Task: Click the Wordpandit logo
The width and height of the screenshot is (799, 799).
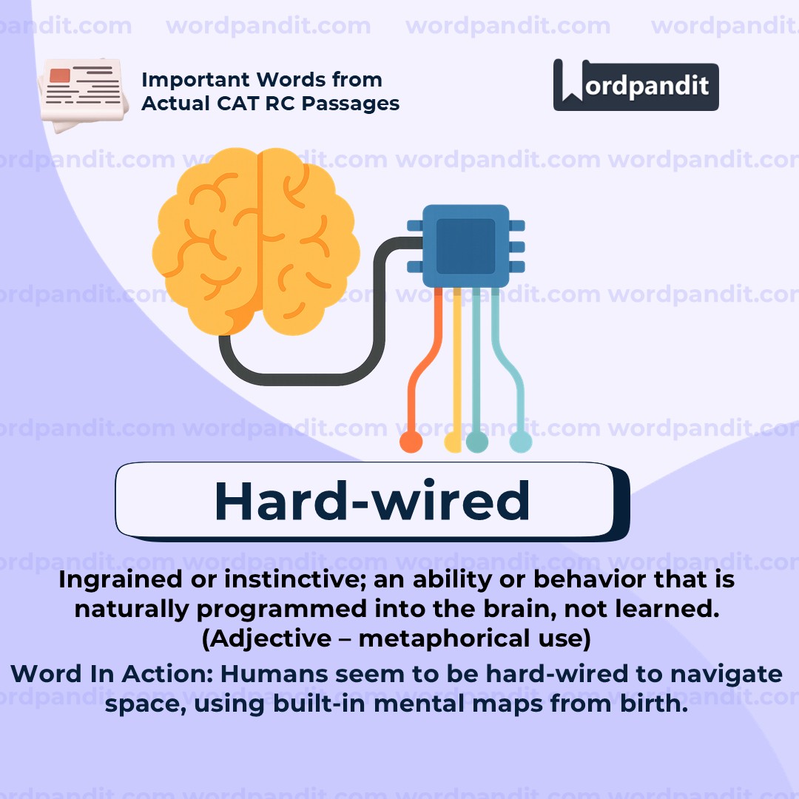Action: coord(636,84)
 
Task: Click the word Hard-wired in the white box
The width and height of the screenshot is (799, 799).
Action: coord(372,501)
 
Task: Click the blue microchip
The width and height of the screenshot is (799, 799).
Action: coord(466,246)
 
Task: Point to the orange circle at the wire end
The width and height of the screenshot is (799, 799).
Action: coord(411,442)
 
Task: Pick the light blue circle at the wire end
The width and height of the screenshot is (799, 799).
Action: coord(520,442)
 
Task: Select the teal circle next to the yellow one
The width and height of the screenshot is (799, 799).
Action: coord(477,442)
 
